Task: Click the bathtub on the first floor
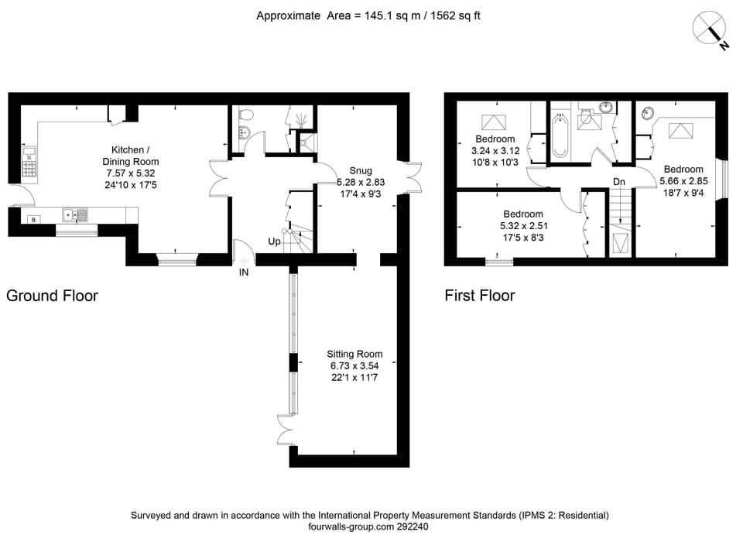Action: [560, 136]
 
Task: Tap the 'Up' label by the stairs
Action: [275, 242]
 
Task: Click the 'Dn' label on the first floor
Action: [618, 182]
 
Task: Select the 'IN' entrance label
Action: [244, 273]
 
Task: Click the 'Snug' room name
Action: [360, 170]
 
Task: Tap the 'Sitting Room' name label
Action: [354, 354]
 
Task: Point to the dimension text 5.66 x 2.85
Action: [683, 182]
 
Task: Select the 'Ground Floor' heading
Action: [52, 295]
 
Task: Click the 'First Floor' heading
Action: [479, 295]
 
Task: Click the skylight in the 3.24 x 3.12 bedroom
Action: [492, 122]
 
